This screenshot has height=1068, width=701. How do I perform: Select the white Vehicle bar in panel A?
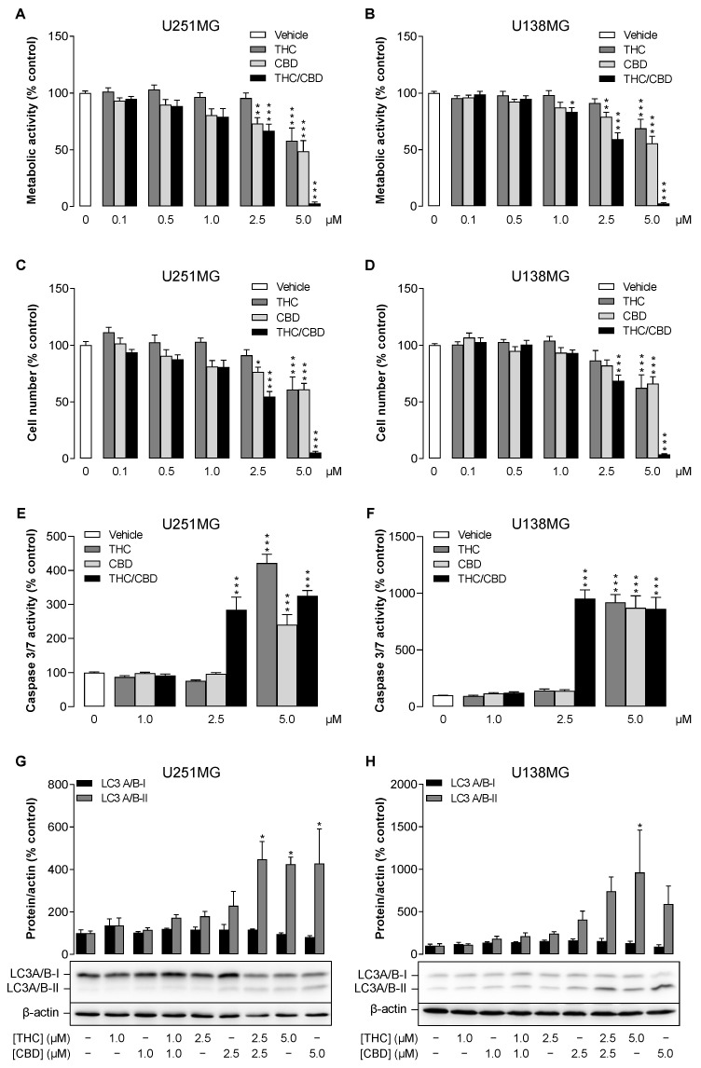click(86, 149)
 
